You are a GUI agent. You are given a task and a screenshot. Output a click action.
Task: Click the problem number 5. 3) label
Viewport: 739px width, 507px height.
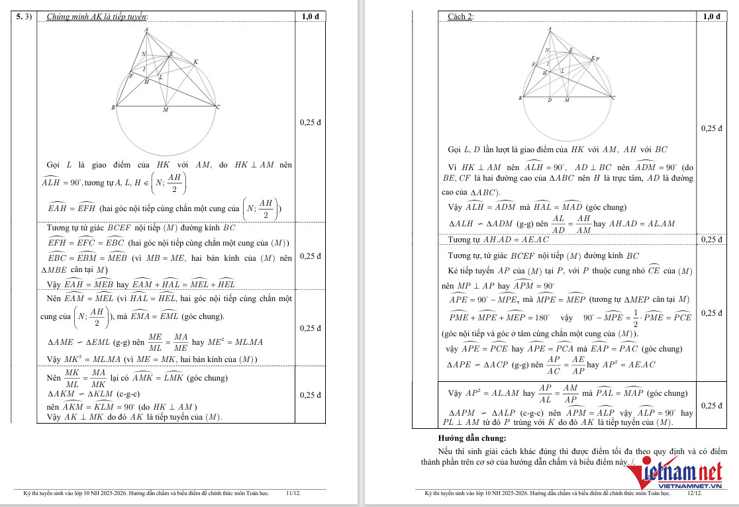[24, 17]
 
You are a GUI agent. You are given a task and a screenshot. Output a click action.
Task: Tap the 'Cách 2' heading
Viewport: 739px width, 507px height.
[461, 17]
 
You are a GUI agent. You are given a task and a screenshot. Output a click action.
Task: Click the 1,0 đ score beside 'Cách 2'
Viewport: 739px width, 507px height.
[712, 17]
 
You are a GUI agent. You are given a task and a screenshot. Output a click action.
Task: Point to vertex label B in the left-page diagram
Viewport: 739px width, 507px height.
[114, 107]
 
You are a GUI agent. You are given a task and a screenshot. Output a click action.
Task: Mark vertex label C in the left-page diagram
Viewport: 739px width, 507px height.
[219, 107]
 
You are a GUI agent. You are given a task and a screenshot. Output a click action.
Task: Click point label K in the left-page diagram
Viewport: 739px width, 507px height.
[195, 62]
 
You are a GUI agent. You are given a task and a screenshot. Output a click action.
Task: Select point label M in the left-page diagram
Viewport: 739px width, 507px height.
[166, 110]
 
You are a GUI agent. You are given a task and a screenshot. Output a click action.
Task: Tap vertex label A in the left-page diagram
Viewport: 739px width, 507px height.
[146, 30]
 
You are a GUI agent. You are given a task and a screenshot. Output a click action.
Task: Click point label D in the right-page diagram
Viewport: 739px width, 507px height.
[550, 101]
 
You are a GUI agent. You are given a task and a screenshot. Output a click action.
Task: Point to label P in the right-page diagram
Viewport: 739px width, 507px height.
[598, 59]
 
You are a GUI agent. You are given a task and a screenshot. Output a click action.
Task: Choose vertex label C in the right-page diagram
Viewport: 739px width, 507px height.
[613, 98]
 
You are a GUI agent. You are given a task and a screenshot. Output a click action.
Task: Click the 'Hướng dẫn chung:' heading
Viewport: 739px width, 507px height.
[471, 438]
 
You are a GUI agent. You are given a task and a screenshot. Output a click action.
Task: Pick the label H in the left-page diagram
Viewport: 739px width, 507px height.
[147, 82]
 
